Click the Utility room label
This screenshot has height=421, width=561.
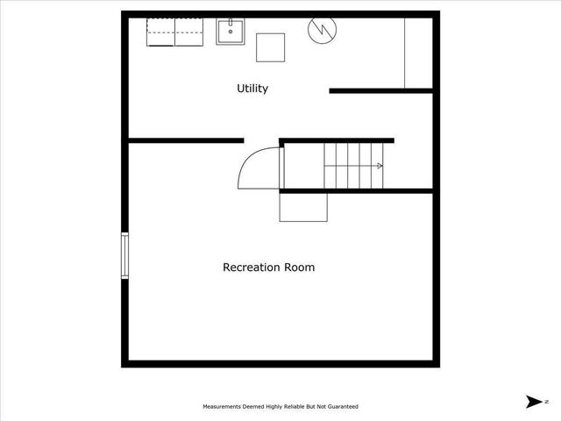click(252, 89)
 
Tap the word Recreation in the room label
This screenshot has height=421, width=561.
click(252, 268)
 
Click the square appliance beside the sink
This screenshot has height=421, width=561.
click(271, 46)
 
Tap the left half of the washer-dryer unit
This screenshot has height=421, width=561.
click(160, 32)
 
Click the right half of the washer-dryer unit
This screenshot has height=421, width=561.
click(188, 32)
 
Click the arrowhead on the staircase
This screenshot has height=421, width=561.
click(380, 166)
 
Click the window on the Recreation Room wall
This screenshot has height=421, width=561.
click(124, 255)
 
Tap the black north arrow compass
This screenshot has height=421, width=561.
click(532, 402)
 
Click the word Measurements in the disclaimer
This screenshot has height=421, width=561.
click(225, 407)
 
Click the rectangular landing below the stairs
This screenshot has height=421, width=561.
click(303, 208)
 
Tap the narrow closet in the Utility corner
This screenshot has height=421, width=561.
click(418, 53)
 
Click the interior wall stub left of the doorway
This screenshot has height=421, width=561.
click(186, 139)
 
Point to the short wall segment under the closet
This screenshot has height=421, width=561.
click(381, 90)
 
